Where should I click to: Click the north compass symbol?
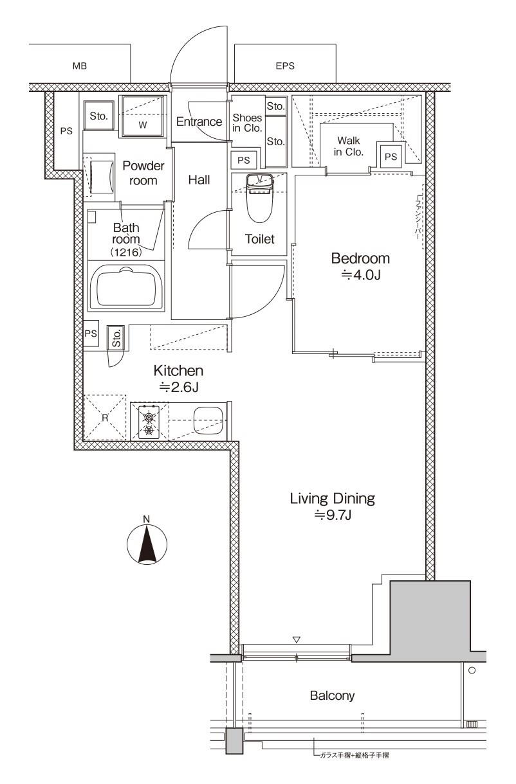coord(147,544)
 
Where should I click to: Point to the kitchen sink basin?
coord(208,421)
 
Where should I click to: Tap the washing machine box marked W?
coord(143,117)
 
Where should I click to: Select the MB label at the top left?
coord(80,66)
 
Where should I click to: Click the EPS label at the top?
coord(285,66)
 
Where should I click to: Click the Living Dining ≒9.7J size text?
coord(332,514)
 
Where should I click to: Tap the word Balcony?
coord(332,695)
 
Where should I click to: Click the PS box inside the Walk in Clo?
coord(391,156)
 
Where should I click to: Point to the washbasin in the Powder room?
coord(102,175)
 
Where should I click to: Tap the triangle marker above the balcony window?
coord(297,640)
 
